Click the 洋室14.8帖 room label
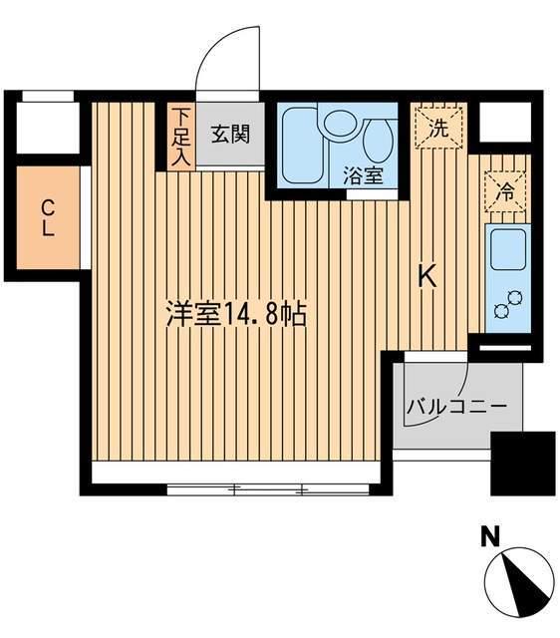tap(235, 316)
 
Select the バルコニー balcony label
tap(457, 407)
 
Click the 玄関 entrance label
tap(230, 134)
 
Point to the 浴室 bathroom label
tap(364, 176)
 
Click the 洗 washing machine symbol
tap(438, 127)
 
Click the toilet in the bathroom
tap(378, 141)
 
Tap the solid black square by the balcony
tap(523, 462)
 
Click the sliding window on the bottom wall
tap(266, 488)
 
